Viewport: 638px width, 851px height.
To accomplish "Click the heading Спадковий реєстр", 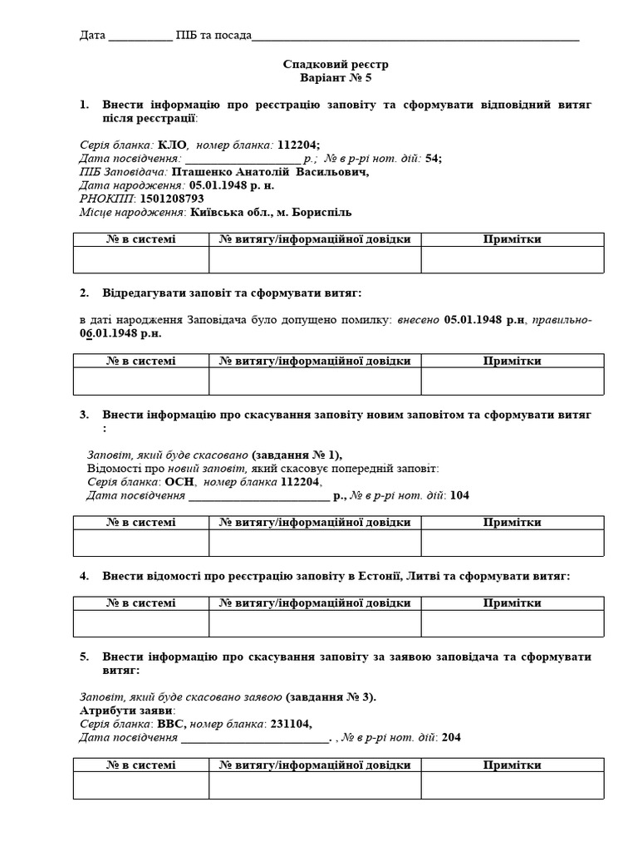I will [336, 64].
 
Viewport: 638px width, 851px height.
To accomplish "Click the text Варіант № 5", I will [336, 78].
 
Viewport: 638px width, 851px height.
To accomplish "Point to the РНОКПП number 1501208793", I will [172, 199].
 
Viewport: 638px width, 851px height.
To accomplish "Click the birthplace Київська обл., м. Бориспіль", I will [265, 212].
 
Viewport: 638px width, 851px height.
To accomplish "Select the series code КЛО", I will [172, 144].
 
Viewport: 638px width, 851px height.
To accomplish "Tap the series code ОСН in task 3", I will [179, 482].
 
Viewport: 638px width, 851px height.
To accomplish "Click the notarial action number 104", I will [459, 496].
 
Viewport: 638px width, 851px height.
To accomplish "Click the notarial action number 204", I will [451, 737].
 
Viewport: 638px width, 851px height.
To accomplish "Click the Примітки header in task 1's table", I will [512, 239].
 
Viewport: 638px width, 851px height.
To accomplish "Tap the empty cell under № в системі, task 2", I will [140, 381].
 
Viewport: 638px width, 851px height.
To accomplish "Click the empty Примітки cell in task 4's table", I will [512, 623].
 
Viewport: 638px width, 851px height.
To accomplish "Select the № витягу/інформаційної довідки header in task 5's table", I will [315, 765].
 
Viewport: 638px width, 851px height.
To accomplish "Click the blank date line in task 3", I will [258, 496].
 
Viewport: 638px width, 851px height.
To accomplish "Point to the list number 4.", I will [84, 576].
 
